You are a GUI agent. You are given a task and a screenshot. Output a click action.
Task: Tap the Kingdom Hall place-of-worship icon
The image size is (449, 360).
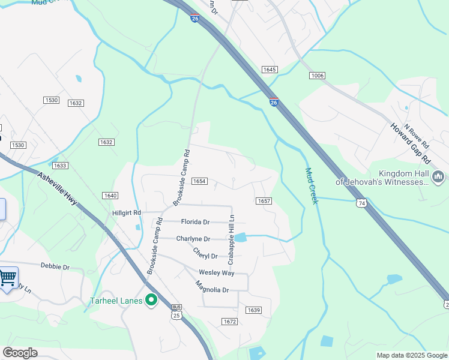point(438,176)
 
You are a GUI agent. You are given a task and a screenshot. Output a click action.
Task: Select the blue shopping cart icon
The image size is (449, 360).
point(7,278)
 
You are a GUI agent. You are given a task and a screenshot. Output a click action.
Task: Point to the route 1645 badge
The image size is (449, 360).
point(270,70)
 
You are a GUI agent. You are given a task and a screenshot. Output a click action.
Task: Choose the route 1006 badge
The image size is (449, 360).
point(317,75)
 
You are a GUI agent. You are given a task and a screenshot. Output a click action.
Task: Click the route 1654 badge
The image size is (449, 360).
point(199,181)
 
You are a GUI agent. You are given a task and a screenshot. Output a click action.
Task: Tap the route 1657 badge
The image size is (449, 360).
point(264,202)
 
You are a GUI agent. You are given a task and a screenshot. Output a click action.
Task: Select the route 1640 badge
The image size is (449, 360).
point(110,196)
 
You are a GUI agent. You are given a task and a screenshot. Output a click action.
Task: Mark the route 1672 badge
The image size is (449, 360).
point(229,322)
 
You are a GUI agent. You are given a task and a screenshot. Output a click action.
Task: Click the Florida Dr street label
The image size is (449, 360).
point(195,222)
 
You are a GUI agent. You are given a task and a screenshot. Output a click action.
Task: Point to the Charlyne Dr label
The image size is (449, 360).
point(193,239)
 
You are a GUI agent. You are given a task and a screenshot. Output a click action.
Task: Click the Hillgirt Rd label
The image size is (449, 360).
point(127,212)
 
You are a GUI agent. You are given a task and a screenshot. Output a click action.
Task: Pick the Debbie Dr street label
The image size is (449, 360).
point(55,266)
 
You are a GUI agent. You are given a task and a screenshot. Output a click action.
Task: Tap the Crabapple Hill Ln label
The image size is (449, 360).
point(231,239)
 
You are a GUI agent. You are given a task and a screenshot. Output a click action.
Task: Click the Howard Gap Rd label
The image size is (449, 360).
point(411,144)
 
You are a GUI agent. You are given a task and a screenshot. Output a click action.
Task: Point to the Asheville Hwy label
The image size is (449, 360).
point(58,189)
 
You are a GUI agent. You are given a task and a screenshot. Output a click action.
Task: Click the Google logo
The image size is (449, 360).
point(20,353)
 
